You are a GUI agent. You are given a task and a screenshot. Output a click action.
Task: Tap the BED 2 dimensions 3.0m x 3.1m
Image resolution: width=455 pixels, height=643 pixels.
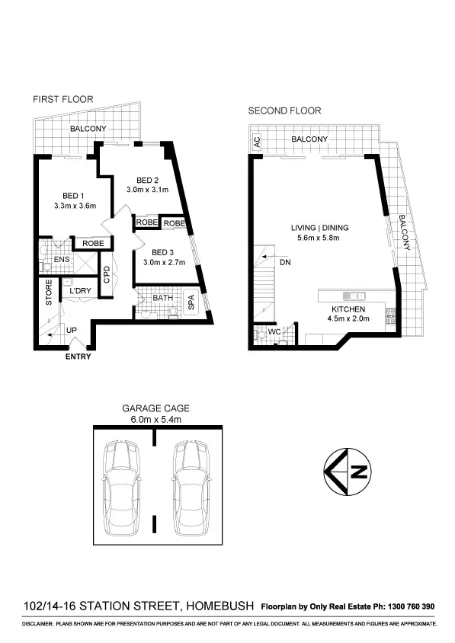point(147,190)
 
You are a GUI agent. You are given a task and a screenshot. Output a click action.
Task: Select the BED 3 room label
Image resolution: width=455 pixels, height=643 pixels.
point(163,252)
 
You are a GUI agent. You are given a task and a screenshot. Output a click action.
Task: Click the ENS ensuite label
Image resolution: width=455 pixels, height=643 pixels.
point(51,260)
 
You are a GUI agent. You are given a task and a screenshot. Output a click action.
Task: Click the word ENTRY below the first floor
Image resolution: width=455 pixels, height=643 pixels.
point(79,357)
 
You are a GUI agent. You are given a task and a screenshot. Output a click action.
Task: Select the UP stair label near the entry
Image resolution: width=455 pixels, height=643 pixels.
point(72,330)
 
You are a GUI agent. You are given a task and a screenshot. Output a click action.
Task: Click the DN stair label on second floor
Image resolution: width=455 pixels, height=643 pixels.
point(285,261)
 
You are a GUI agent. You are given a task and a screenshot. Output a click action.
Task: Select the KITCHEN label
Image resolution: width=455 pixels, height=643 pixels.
point(348,309)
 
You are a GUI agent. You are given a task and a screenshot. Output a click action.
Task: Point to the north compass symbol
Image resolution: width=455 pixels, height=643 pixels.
point(346,472)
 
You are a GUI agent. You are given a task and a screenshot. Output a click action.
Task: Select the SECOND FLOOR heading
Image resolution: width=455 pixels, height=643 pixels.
point(284,110)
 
